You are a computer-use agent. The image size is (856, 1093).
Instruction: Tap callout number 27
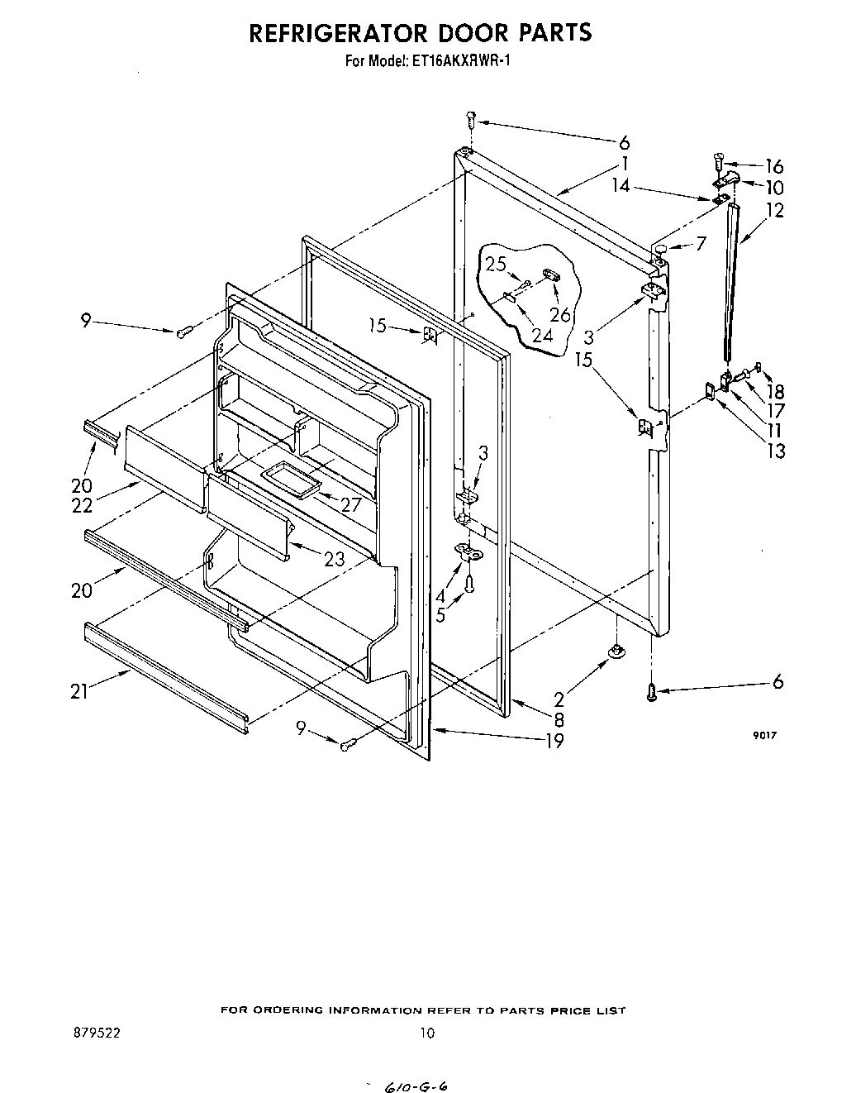tap(352, 504)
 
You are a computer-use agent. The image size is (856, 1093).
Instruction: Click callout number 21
tap(79, 692)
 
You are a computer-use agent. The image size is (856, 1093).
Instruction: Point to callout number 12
tap(774, 211)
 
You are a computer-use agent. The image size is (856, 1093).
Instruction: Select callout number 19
tap(554, 741)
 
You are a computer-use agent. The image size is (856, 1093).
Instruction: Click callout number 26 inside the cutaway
tap(559, 314)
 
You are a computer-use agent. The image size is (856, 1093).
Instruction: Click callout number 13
tap(776, 451)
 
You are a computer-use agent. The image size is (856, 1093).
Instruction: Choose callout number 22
tap(82, 506)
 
